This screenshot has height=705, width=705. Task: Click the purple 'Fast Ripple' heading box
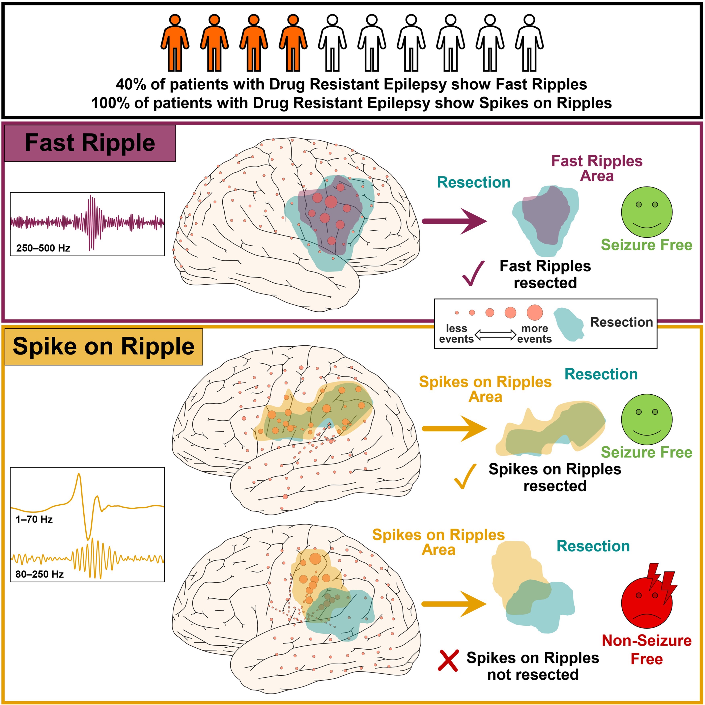(90, 143)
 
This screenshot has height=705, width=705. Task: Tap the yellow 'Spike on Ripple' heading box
(104, 347)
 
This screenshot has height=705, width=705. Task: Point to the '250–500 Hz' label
(43, 248)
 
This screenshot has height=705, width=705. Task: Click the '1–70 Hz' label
(34, 519)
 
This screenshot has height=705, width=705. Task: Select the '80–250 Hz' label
(39, 574)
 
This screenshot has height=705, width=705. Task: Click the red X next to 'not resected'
(448, 660)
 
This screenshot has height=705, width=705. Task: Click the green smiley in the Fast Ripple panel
(647, 212)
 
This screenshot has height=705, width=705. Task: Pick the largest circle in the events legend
(535, 312)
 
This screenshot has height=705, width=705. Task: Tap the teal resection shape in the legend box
(568, 324)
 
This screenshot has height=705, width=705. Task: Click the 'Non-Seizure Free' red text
(647, 650)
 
